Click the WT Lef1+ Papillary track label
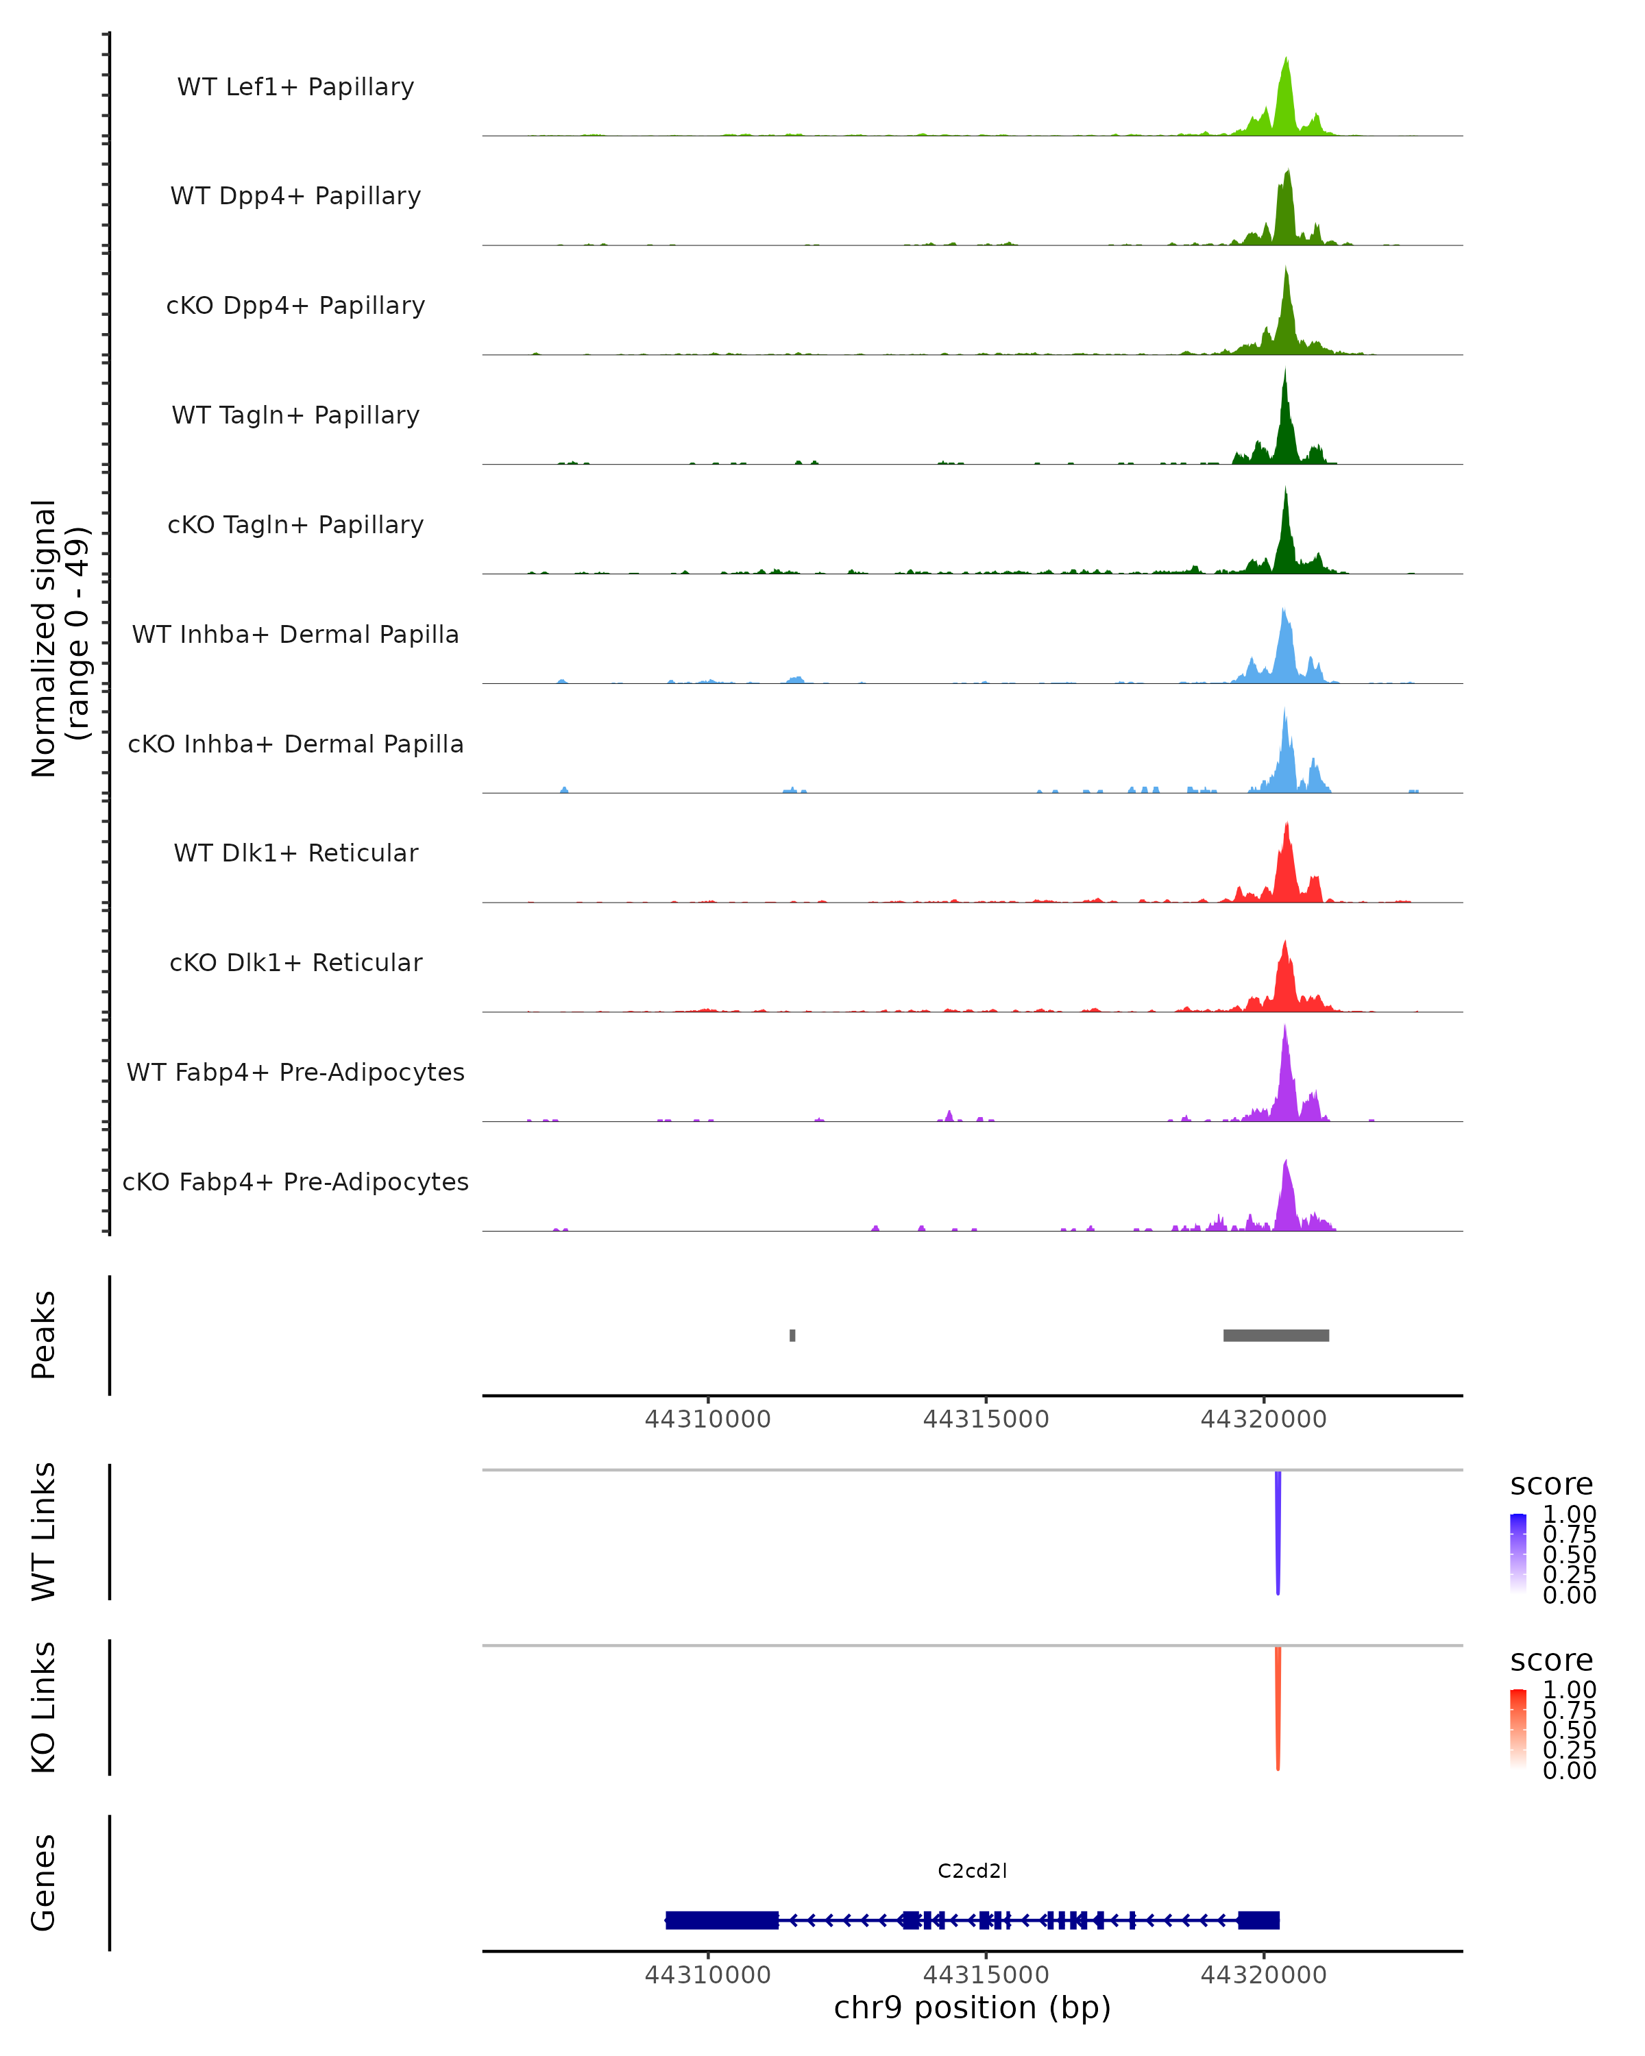(x=295, y=87)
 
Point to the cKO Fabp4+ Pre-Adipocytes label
(x=295, y=1182)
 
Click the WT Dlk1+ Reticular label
(x=295, y=853)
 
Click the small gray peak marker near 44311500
(x=792, y=1335)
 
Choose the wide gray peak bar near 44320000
(x=1276, y=1335)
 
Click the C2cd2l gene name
(x=972, y=1871)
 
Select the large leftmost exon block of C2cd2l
(x=722, y=1920)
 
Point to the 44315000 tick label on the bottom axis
(x=986, y=1975)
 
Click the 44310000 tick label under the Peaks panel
(x=707, y=1419)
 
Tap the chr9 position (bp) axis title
(x=972, y=2008)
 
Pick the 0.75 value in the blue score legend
(x=1569, y=1534)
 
